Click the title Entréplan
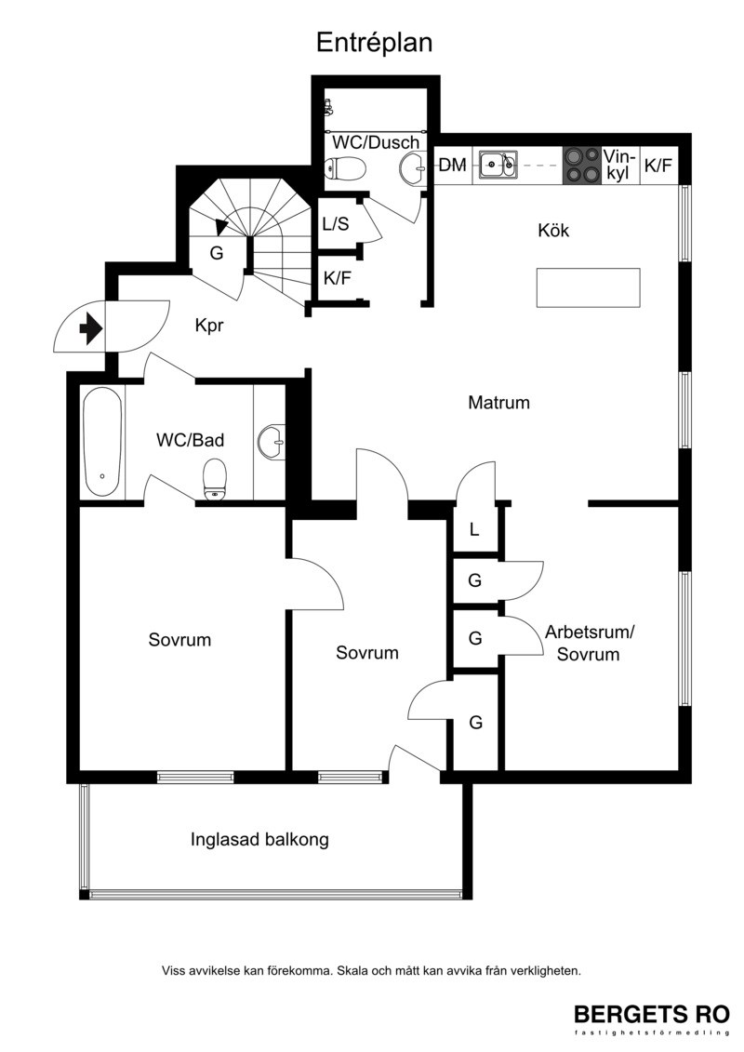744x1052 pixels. click(375, 43)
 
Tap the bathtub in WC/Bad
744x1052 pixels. click(102, 441)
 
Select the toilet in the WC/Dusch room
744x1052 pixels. click(345, 167)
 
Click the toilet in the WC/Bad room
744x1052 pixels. click(215, 479)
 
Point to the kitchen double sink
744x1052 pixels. click(498, 164)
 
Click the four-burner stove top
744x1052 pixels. click(581, 165)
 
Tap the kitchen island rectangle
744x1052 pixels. click(588, 287)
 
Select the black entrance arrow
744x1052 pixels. click(90, 329)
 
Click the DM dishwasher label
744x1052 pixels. click(452, 165)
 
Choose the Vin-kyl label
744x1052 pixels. click(618, 165)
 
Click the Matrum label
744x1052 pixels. click(498, 403)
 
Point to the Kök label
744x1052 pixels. click(553, 230)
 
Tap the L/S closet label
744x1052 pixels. click(336, 223)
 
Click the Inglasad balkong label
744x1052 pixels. click(259, 839)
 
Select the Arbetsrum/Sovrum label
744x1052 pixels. click(589, 643)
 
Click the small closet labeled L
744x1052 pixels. click(474, 529)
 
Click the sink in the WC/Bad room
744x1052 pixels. click(272, 442)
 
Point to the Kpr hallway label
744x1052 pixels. click(208, 326)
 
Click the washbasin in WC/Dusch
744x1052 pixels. click(412, 168)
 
